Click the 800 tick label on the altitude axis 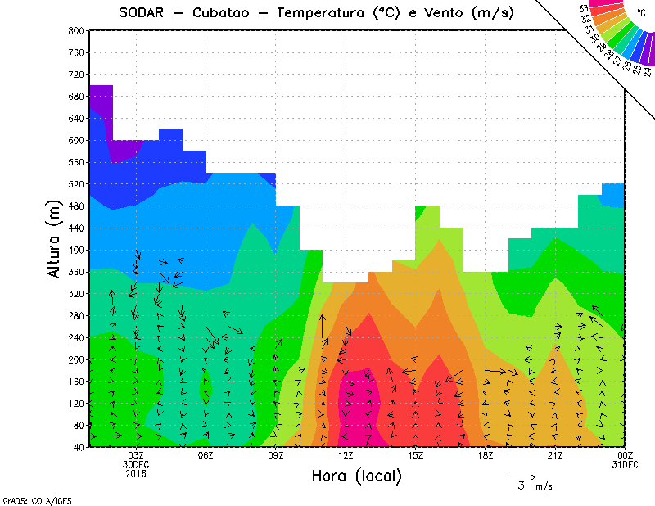coord(76,30)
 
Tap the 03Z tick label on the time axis coord(136,455)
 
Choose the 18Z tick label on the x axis coord(485,455)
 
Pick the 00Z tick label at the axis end coord(626,455)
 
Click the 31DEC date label coord(626,464)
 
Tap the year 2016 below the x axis coord(136,473)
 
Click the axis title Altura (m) coord(55,237)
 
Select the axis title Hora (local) coord(355,476)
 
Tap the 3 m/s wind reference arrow coord(521,476)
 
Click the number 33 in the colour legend coord(583,9)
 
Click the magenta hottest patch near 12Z coord(354,405)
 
